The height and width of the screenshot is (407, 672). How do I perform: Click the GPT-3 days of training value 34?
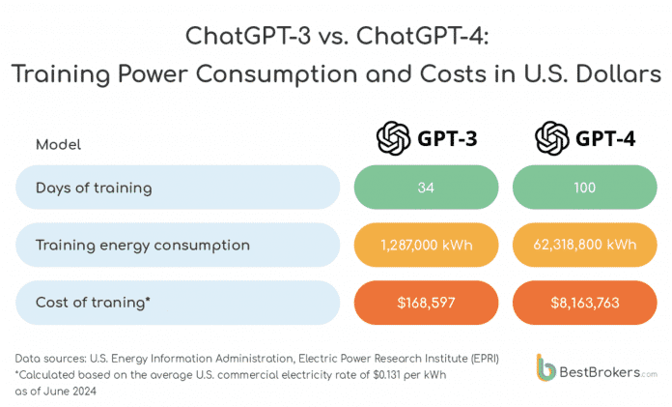pos(426,186)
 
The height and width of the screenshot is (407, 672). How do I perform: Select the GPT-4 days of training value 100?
pos(585,186)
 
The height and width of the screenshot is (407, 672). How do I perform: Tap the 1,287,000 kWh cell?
pos(426,245)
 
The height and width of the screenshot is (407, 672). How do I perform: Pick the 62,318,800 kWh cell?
pos(585,245)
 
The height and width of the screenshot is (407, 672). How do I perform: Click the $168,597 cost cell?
pos(426,303)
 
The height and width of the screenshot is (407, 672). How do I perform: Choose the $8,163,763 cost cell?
pos(585,303)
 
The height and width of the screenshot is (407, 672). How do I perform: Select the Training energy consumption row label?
pos(142,245)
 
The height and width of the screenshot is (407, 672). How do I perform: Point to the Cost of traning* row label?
pos(93,303)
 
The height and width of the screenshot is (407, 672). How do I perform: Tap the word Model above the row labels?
pos(58,144)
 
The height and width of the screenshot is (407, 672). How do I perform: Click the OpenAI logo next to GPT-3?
pos(394,139)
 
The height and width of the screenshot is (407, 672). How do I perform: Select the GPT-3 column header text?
pos(446,139)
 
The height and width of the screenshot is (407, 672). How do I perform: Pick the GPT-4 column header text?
pos(605,139)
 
